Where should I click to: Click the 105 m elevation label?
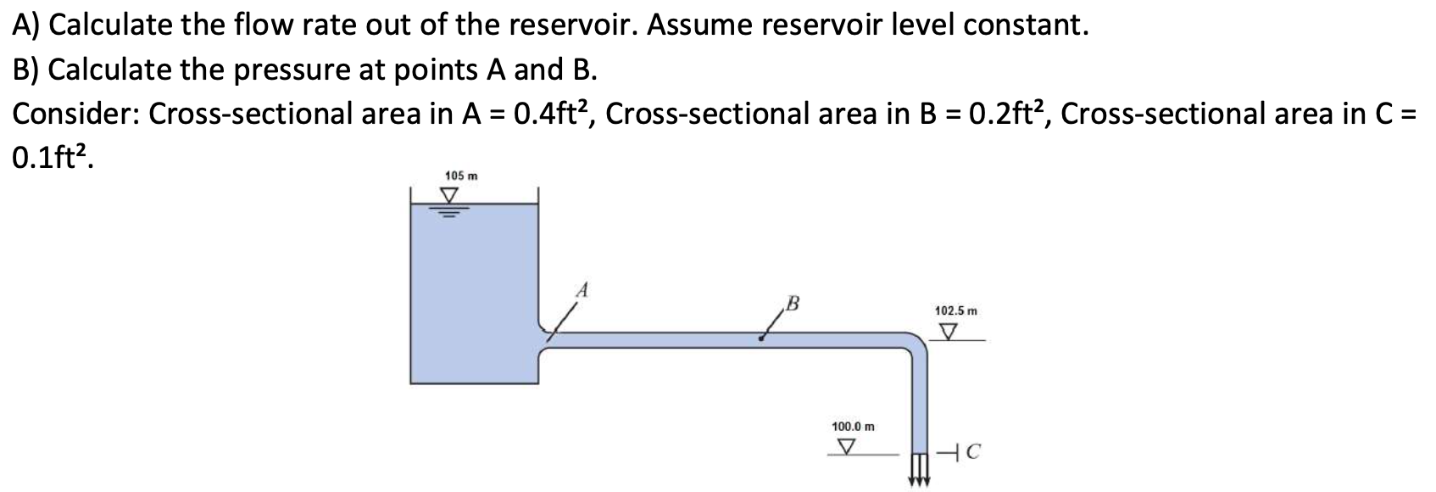(x=461, y=176)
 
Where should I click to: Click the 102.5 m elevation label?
(x=955, y=311)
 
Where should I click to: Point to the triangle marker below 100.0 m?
(x=845, y=445)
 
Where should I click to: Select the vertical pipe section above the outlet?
(x=919, y=399)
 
